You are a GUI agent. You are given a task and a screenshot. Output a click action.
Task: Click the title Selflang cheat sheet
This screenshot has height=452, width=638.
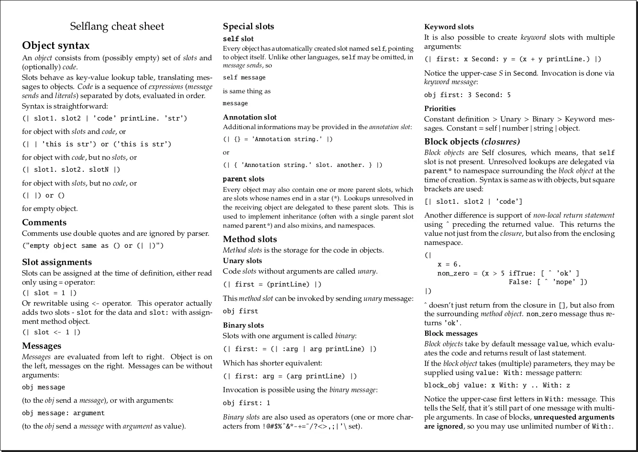(117, 26)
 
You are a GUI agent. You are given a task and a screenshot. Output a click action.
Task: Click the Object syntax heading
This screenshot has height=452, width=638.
(56, 45)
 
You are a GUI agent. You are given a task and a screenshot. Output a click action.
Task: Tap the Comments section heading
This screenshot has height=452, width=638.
(44, 222)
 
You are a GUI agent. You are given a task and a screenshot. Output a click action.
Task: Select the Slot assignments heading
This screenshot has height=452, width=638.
(57, 262)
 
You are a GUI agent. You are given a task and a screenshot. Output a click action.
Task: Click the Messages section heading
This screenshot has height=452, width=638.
(42, 346)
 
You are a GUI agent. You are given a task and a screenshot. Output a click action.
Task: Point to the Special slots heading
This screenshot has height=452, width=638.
(249, 26)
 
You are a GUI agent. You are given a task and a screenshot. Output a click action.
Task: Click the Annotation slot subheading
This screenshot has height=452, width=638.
(250, 117)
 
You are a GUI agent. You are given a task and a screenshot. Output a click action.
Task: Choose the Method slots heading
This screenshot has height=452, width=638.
(250, 239)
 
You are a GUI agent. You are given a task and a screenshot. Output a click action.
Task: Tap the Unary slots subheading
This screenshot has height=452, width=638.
(242, 261)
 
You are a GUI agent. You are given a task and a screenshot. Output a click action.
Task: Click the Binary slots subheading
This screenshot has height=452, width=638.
(243, 325)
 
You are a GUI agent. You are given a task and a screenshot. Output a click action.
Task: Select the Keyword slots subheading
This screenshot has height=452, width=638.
(449, 27)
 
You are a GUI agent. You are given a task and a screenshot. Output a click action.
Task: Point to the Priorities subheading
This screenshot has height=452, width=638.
(440, 109)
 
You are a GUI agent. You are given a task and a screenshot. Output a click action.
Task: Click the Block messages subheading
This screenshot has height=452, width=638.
(451, 333)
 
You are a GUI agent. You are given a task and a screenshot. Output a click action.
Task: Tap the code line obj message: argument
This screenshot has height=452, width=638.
(63, 413)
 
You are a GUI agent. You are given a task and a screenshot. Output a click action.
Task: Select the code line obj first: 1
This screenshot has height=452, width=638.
(247, 403)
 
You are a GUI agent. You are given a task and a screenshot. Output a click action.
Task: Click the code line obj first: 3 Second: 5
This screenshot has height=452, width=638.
(467, 95)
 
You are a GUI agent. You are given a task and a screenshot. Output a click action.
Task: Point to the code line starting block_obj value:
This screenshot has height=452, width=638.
(497, 386)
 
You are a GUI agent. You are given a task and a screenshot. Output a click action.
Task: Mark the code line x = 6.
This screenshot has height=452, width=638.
(449, 264)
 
